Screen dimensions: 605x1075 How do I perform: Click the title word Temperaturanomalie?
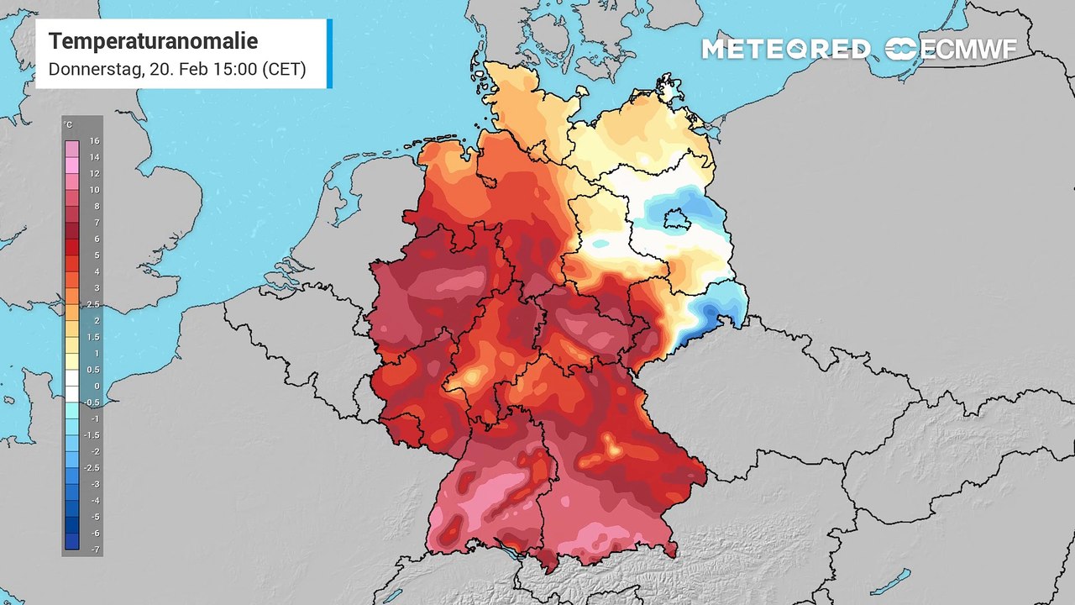pos(153,41)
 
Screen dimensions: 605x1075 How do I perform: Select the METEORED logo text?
pos(785,50)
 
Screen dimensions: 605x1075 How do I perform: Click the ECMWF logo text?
pos(967,50)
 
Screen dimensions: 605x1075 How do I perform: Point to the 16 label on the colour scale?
pos(95,141)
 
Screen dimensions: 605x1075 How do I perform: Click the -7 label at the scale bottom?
pos(95,549)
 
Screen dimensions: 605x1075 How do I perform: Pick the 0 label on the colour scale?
pos(95,386)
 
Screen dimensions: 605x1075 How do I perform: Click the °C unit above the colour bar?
pos(68,125)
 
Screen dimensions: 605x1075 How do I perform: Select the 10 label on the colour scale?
pos(95,190)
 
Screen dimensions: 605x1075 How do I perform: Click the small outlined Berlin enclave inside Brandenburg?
pos(674,220)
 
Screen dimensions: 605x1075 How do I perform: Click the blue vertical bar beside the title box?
pos(329,54)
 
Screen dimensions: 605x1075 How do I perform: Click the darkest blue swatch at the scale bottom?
pos(71,541)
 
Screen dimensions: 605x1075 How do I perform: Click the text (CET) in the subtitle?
pos(283,70)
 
